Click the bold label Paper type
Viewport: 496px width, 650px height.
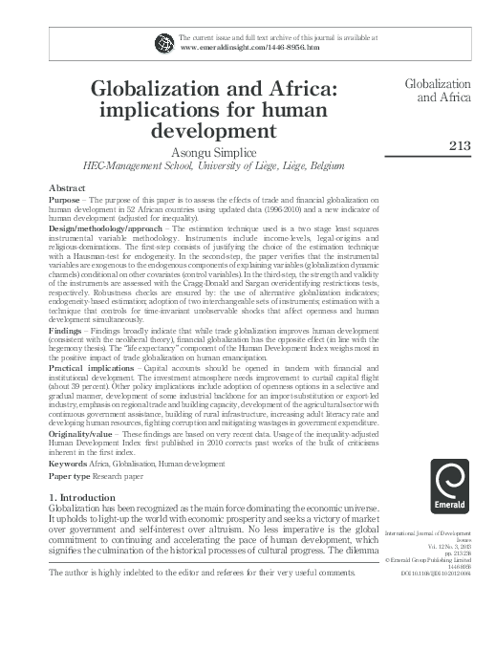[x=71, y=475]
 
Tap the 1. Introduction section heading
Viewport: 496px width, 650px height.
[x=90, y=499]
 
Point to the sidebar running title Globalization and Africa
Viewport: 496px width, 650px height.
[x=439, y=91]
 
